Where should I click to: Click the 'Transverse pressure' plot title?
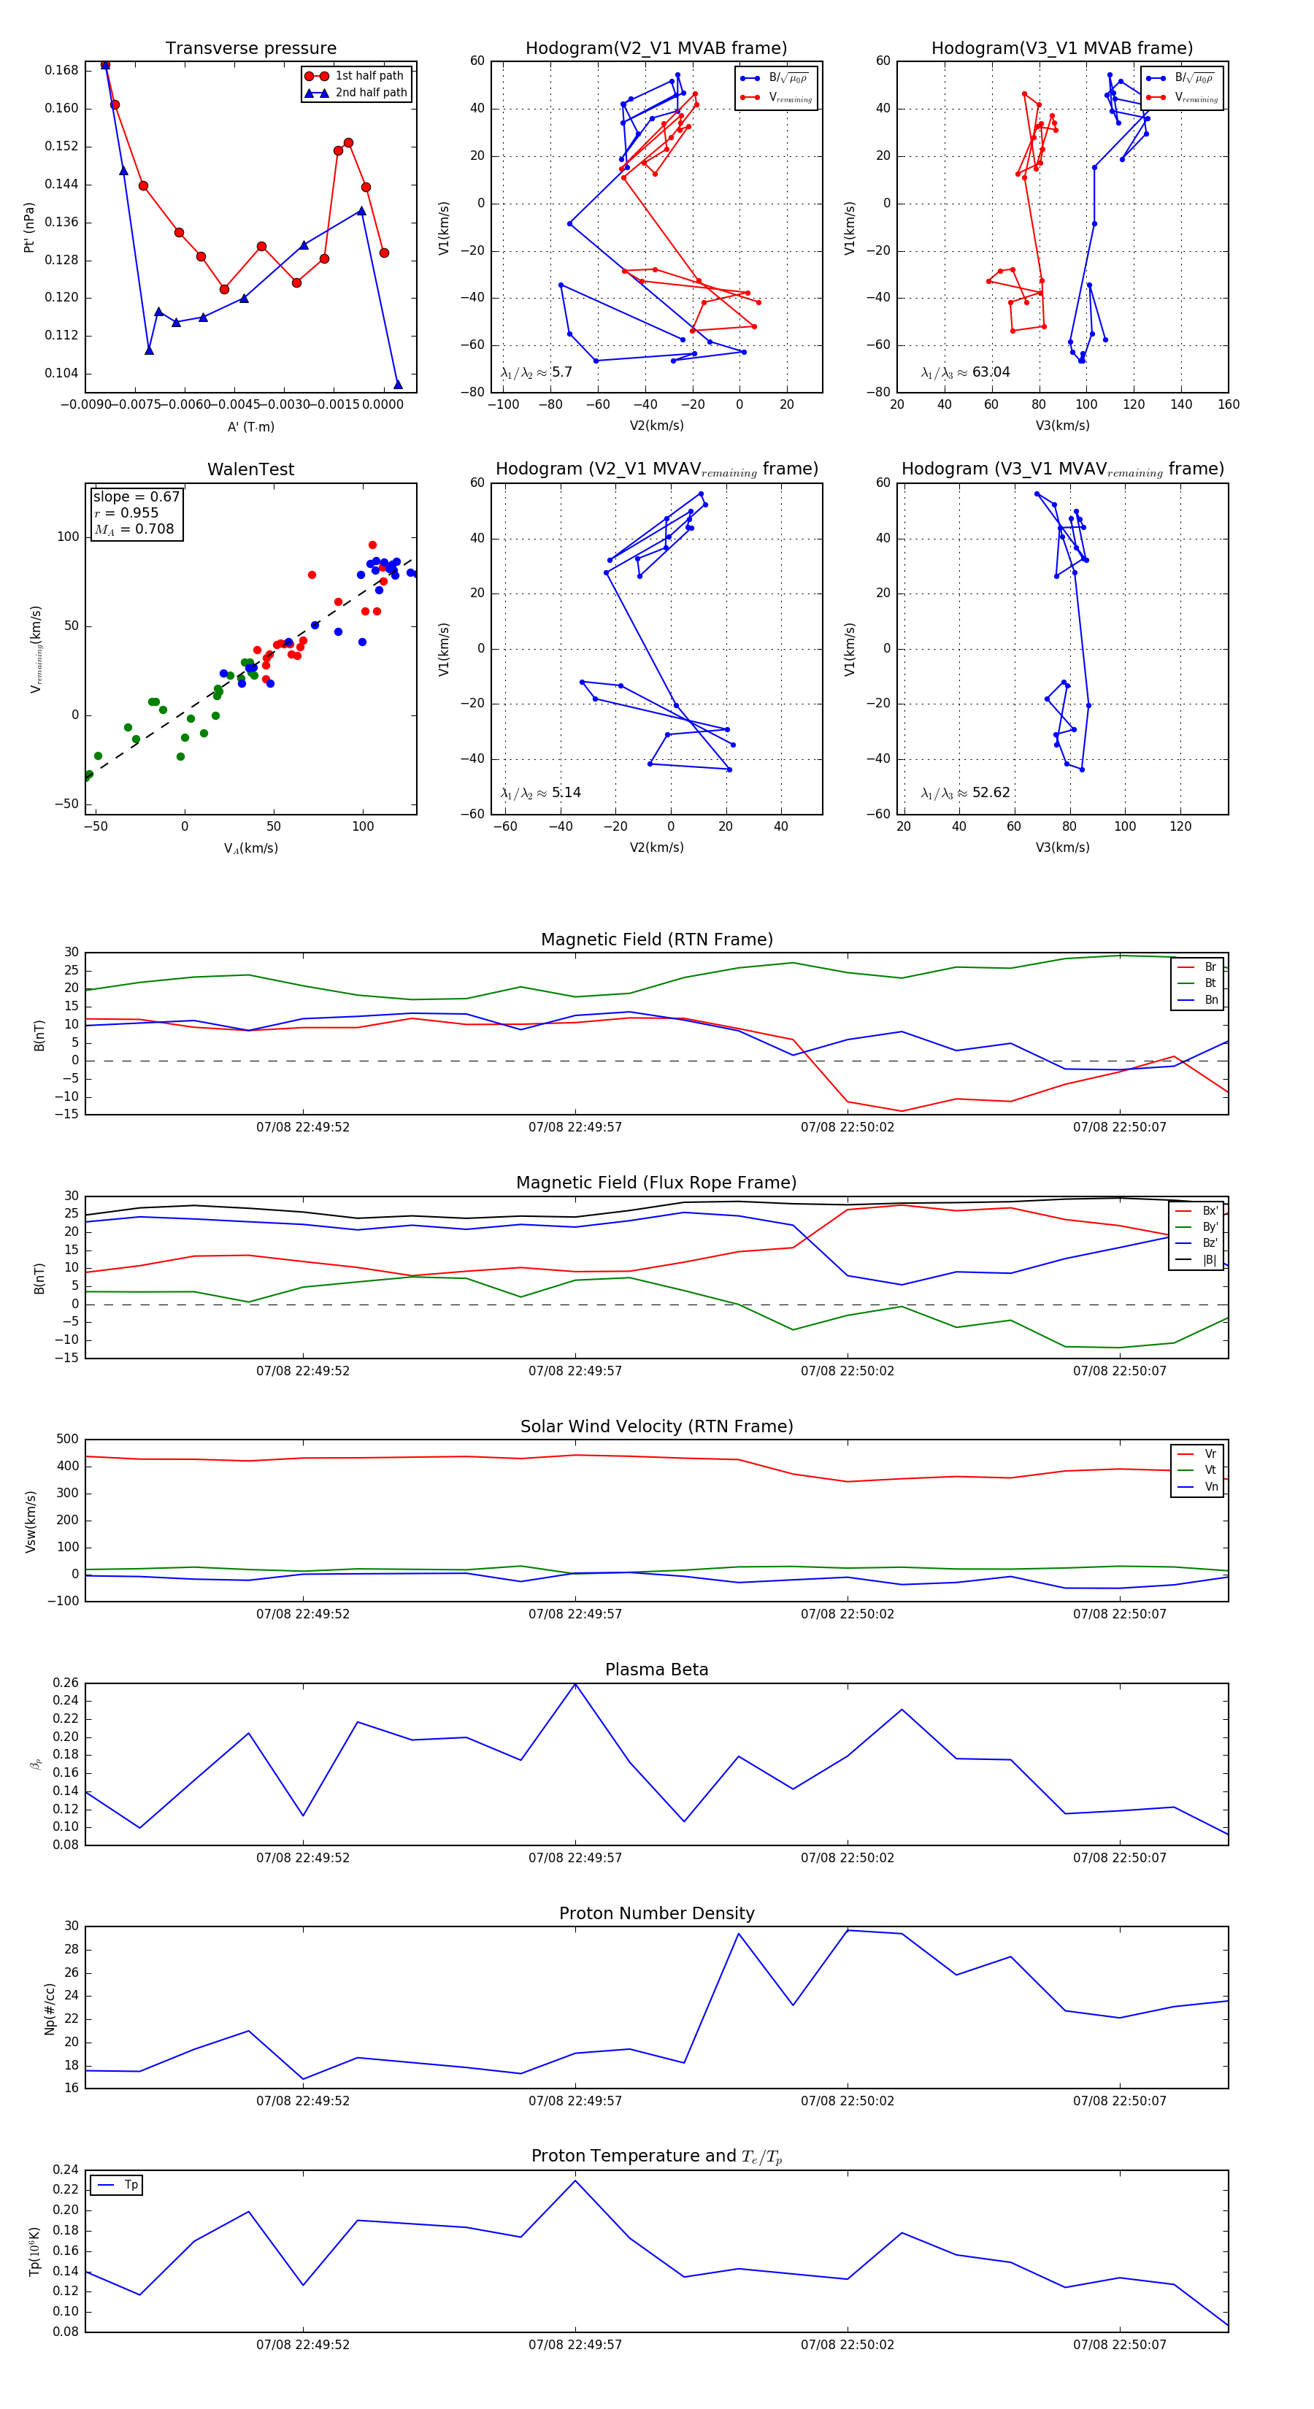tap(250, 49)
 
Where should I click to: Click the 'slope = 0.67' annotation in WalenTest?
tap(136, 496)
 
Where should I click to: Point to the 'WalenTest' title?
tap(250, 469)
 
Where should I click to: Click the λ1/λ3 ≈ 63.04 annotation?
tap(965, 372)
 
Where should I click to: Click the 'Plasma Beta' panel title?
tap(656, 1670)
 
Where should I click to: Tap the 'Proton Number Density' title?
tap(656, 1913)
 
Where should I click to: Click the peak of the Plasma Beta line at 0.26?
tap(575, 1683)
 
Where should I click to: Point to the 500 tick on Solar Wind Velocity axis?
tap(67, 1440)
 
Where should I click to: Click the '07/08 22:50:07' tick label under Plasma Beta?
tap(1120, 1857)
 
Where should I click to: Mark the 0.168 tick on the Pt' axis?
tap(62, 70)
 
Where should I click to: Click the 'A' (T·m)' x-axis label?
tap(250, 426)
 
